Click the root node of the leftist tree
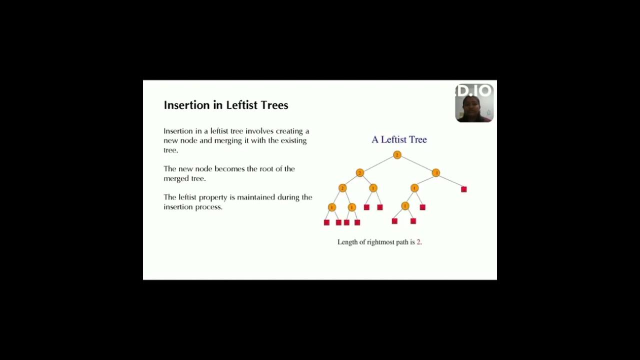tap(397, 155)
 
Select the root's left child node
tap(359, 173)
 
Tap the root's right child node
tap(435, 173)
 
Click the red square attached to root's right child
tap(464, 189)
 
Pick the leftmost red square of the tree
tap(326, 222)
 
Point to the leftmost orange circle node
tap(332, 207)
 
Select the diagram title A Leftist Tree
tap(399, 139)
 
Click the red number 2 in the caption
tap(418, 242)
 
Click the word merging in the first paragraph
tap(228, 140)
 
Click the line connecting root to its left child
tap(378, 164)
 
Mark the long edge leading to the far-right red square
tap(450, 181)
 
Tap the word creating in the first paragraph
tap(290, 131)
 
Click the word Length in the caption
tap(347, 242)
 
